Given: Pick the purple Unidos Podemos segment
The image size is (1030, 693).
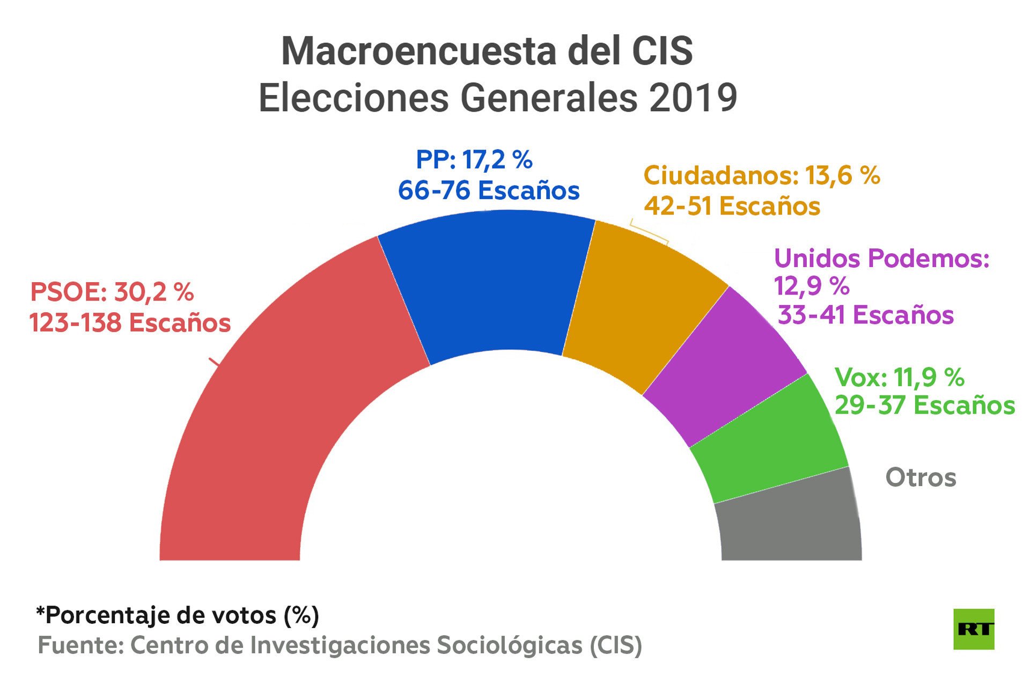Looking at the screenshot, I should coord(724,365).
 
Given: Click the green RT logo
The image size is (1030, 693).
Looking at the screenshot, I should coord(974,629).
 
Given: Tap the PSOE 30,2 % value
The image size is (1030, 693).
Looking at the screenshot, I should coord(112,292).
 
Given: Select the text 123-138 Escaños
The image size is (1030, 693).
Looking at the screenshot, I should coord(130,323).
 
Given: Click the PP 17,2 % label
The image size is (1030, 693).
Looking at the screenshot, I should coord(474,160).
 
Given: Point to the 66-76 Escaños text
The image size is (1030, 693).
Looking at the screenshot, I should coord(489,190).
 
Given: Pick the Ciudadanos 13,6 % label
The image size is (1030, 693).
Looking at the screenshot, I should coord(762,175).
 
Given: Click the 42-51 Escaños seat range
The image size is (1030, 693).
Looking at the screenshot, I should coord(732,206).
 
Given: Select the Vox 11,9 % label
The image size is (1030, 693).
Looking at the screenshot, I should coord(900,378).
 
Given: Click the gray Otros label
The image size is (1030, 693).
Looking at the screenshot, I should coord(921,477).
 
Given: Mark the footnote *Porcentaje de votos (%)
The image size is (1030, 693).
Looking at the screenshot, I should coord(178,615).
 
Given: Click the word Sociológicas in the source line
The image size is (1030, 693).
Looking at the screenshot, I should coord(509,645).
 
